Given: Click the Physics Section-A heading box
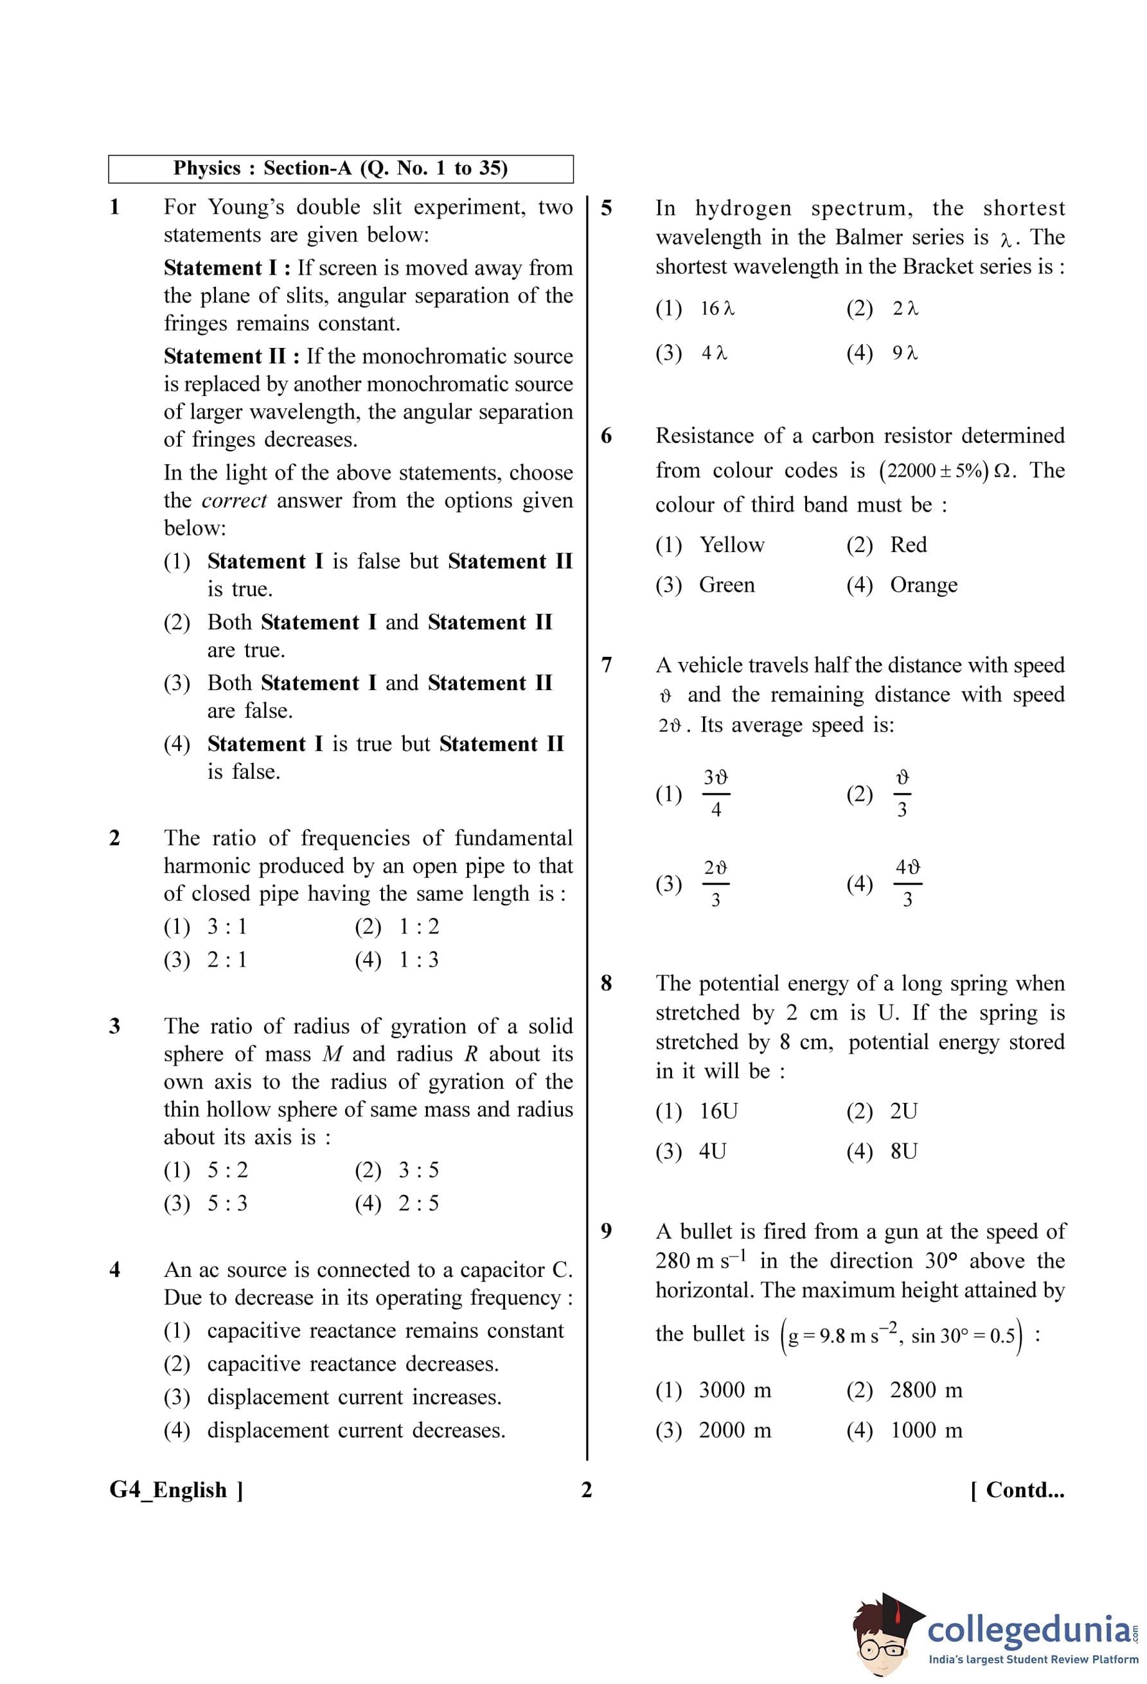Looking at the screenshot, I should [x=340, y=169].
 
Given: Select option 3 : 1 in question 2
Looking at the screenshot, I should [x=226, y=927].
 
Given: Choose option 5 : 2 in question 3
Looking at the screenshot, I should [x=227, y=1170].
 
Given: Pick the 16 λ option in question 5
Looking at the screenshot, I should [x=717, y=309].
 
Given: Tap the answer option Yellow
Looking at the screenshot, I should [x=731, y=545].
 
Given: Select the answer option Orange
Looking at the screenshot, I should [x=923, y=585].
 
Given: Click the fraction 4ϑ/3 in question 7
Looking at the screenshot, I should [x=907, y=883].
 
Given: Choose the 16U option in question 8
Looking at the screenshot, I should [x=718, y=1111].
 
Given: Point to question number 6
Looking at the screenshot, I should [x=606, y=435].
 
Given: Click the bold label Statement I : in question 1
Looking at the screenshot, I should [x=227, y=268].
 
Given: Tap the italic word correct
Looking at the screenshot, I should [x=234, y=501].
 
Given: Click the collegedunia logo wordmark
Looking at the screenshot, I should [x=1027, y=1629].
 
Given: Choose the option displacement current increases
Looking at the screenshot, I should [x=354, y=1397].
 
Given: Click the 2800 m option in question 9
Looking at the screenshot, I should [x=926, y=1390].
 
